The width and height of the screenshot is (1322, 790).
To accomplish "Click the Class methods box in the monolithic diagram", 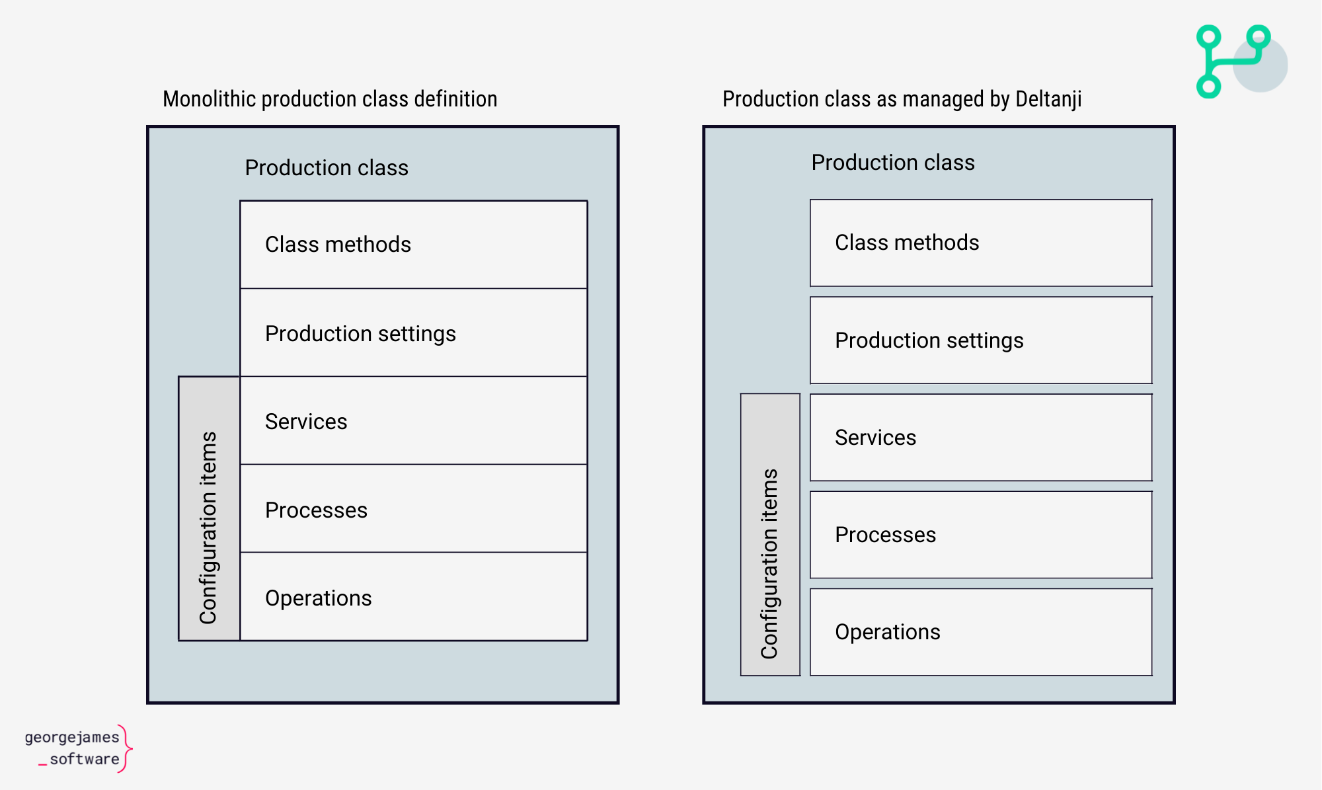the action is [x=414, y=245].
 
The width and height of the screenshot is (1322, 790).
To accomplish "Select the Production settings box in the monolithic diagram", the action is [x=414, y=333].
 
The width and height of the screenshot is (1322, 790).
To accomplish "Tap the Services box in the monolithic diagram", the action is [x=414, y=420].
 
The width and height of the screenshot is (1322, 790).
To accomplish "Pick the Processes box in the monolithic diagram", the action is [x=414, y=508].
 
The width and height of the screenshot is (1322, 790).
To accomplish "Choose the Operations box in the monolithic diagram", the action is [x=414, y=596].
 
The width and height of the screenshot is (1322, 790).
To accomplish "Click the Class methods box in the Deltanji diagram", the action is [x=981, y=243].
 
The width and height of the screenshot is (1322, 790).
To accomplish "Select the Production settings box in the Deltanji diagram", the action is [x=981, y=340].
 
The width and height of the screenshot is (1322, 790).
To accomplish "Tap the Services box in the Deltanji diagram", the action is [x=981, y=437].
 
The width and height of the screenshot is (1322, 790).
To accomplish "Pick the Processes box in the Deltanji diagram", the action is [x=981, y=534].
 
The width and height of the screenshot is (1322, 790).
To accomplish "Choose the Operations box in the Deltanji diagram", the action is [x=981, y=631].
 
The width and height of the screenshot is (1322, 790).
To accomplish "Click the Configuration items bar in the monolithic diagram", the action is [x=209, y=508].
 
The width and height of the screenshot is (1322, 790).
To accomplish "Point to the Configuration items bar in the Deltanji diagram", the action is [x=770, y=534].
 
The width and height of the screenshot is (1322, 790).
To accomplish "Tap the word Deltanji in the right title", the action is [x=1048, y=99].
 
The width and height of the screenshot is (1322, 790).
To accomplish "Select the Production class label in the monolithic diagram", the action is [x=327, y=168].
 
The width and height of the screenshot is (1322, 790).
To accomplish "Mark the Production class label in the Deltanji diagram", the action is [x=893, y=163].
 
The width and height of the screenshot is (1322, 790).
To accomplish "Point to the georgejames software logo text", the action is [x=72, y=748].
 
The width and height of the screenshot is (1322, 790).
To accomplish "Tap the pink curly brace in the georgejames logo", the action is [x=127, y=748].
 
